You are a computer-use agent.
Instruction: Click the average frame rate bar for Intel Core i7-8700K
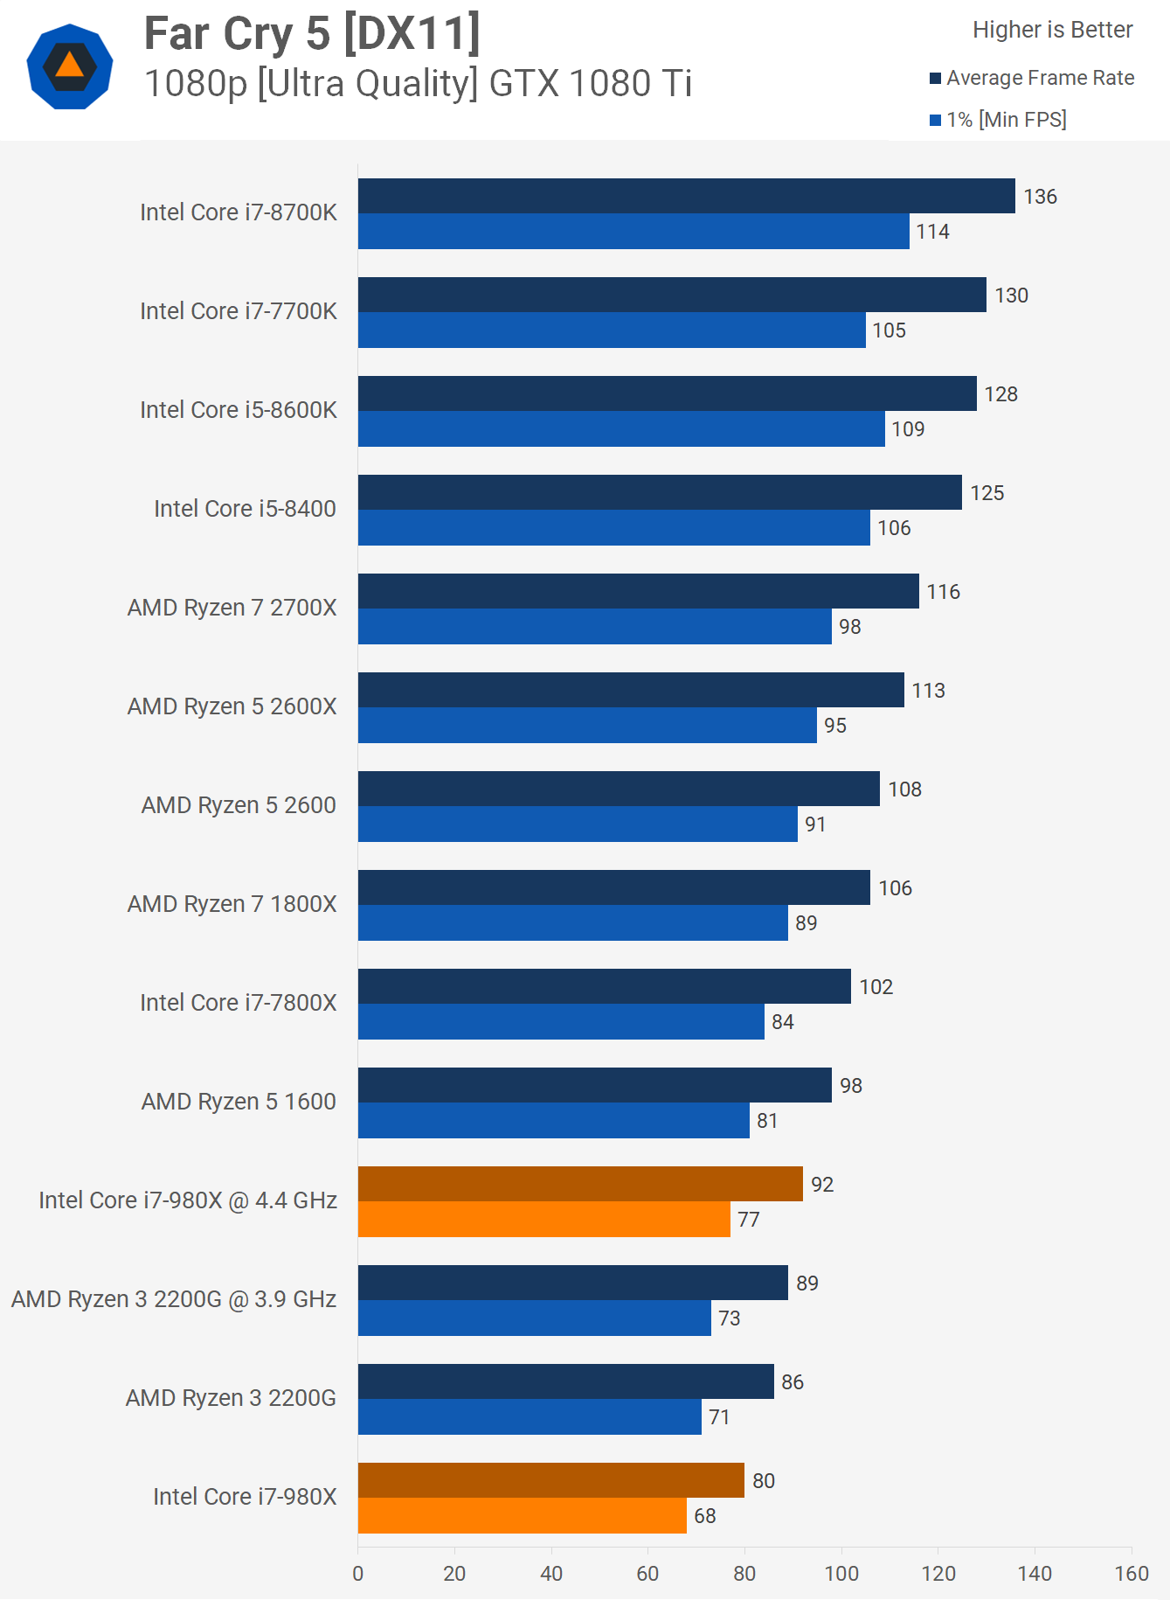pos(686,196)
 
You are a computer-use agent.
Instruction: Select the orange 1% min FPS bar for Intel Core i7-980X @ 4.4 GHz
pos(543,1219)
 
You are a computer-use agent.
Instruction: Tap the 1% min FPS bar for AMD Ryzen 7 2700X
pos(594,626)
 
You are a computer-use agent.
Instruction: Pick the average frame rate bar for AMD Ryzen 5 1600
pos(594,1085)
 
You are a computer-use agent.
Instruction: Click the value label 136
pos(1040,197)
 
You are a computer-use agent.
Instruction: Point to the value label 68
pos(704,1516)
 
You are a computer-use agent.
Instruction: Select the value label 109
pos(908,429)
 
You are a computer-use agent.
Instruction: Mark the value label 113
pos(928,691)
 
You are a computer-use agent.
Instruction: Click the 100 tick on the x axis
pos(841,1574)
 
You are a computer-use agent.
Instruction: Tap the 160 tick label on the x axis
pos(1132,1574)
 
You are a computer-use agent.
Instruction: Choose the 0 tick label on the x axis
pos(358,1574)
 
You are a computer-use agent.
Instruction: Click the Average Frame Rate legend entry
pos(1032,78)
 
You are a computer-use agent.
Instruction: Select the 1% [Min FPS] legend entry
pos(998,120)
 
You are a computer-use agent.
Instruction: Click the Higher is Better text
pos(1052,30)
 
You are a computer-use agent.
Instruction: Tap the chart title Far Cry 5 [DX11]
pos(312,34)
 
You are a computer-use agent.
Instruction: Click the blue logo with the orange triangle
pos(70,66)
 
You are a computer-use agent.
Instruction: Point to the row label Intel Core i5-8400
pos(245,509)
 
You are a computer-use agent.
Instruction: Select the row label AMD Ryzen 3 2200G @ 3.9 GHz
pos(174,1299)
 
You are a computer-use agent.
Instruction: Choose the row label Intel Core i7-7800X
pos(238,1003)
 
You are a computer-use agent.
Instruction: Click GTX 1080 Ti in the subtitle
pos(591,84)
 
